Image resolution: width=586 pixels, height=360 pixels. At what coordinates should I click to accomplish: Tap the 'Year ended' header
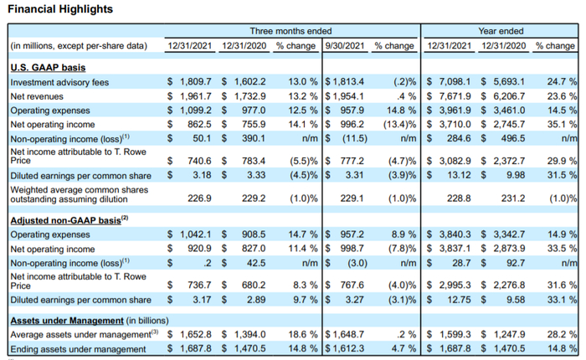(501, 31)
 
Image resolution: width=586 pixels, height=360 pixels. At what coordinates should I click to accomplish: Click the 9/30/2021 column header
(344, 46)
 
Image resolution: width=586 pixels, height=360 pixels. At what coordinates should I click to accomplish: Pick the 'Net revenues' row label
(39, 97)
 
